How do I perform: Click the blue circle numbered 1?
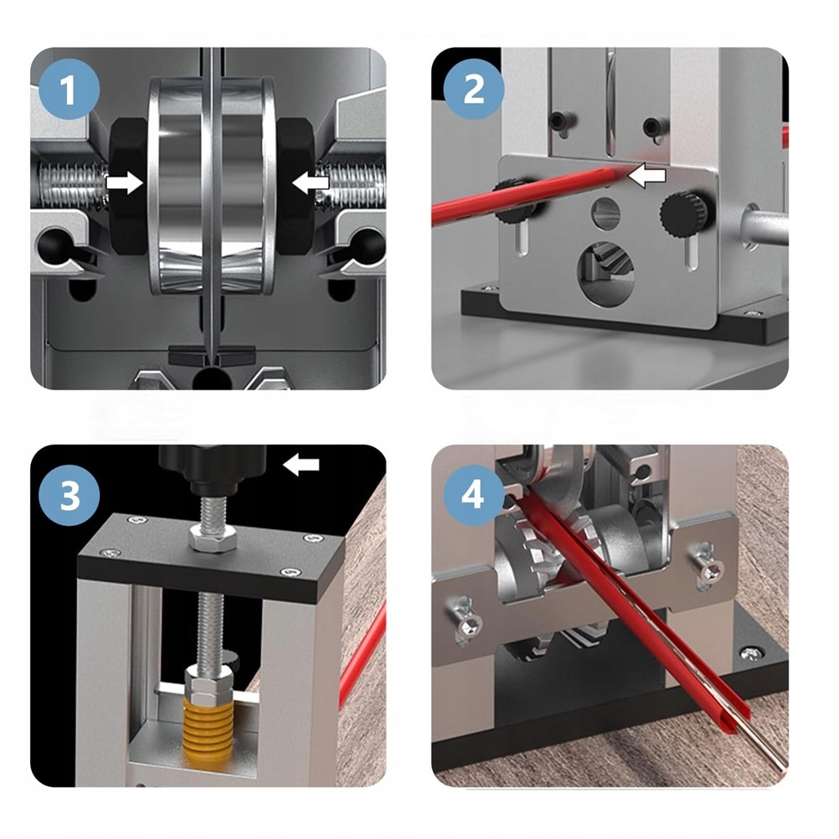pos(69,89)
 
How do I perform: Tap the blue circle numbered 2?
pos(474,89)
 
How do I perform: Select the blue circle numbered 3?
pos(69,495)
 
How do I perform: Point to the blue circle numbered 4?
pos(474,495)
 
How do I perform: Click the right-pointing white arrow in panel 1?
pos(125,183)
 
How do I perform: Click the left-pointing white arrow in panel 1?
pos(311,183)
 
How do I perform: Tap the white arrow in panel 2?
pos(647,175)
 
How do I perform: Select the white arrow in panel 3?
pos(301,465)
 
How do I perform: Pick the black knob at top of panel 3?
pos(213,469)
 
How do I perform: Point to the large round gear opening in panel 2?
pos(605,274)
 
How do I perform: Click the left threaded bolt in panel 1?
pos(72,184)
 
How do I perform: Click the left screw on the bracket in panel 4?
pos(468,620)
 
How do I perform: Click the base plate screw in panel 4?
pos(752,652)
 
